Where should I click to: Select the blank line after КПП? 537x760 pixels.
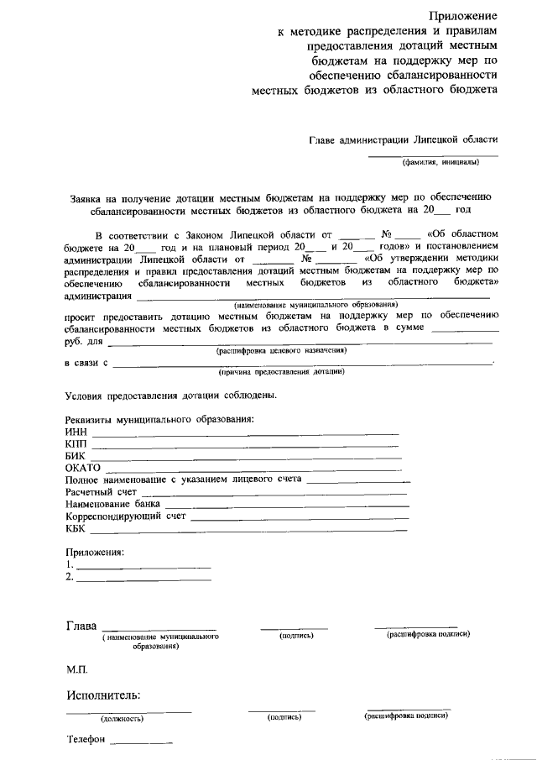(x=244, y=445)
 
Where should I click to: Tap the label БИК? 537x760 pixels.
(x=75, y=455)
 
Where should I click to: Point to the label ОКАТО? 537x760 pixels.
(x=82, y=467)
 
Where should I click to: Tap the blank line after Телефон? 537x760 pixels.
(x=141, y=744)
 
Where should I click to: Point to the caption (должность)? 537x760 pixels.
(x=123, y=719)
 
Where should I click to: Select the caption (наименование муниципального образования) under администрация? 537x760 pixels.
(x=316, y=304)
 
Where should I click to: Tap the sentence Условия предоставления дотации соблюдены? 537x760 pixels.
(x=171, y=395)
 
